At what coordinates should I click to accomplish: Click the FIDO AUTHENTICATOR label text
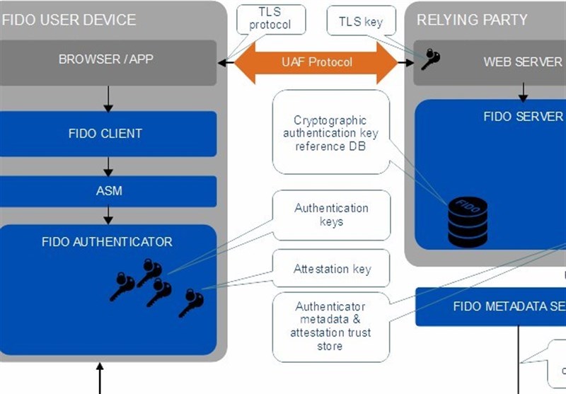(x=107, y=242)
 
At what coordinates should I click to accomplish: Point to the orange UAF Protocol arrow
(x=316, y=62)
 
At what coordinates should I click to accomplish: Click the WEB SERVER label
(x=522, y=62)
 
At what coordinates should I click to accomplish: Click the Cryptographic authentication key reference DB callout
(x=330, y=132)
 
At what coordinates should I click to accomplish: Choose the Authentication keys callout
(x=331, y=215)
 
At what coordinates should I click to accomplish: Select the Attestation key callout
(x=332, y=269)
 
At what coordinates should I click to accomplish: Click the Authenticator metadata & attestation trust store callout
(x=330, y=326)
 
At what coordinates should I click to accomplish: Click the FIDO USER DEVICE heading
(x=69, y=19)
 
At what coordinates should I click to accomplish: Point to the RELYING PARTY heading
(x=472, y=19)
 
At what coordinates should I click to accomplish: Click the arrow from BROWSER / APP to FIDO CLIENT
(x=108, y=98)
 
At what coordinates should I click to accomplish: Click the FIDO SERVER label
(x=523, y=117)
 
